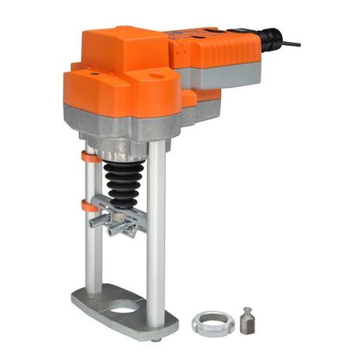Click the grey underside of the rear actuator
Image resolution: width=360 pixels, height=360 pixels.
(x=233, y=78)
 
